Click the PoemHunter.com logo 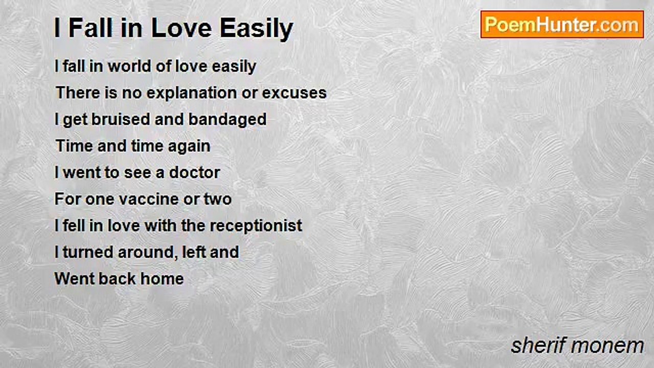click(x=562, y=25)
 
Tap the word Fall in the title click(x=90, y=28)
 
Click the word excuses click(x=294, y=94)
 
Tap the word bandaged click(x=227, y=120)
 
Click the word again click(x=189, y=147)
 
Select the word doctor click(x=195, y=172)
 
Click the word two click(x=218, y=199)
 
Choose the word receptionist click(x=256, y=226)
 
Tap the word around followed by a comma click(x=148, y=252)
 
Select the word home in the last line click(x=162, y=279)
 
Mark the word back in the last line click(x=117, y=279)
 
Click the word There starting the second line click(x=78, y=93)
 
